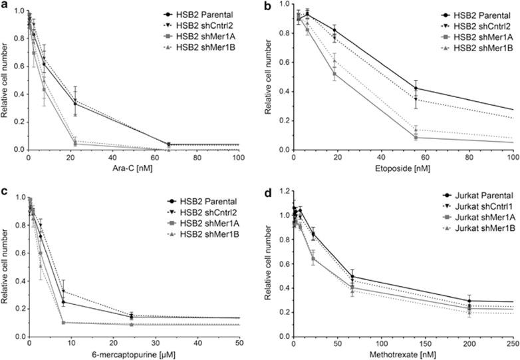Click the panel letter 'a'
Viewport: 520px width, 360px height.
pos(4,6)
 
